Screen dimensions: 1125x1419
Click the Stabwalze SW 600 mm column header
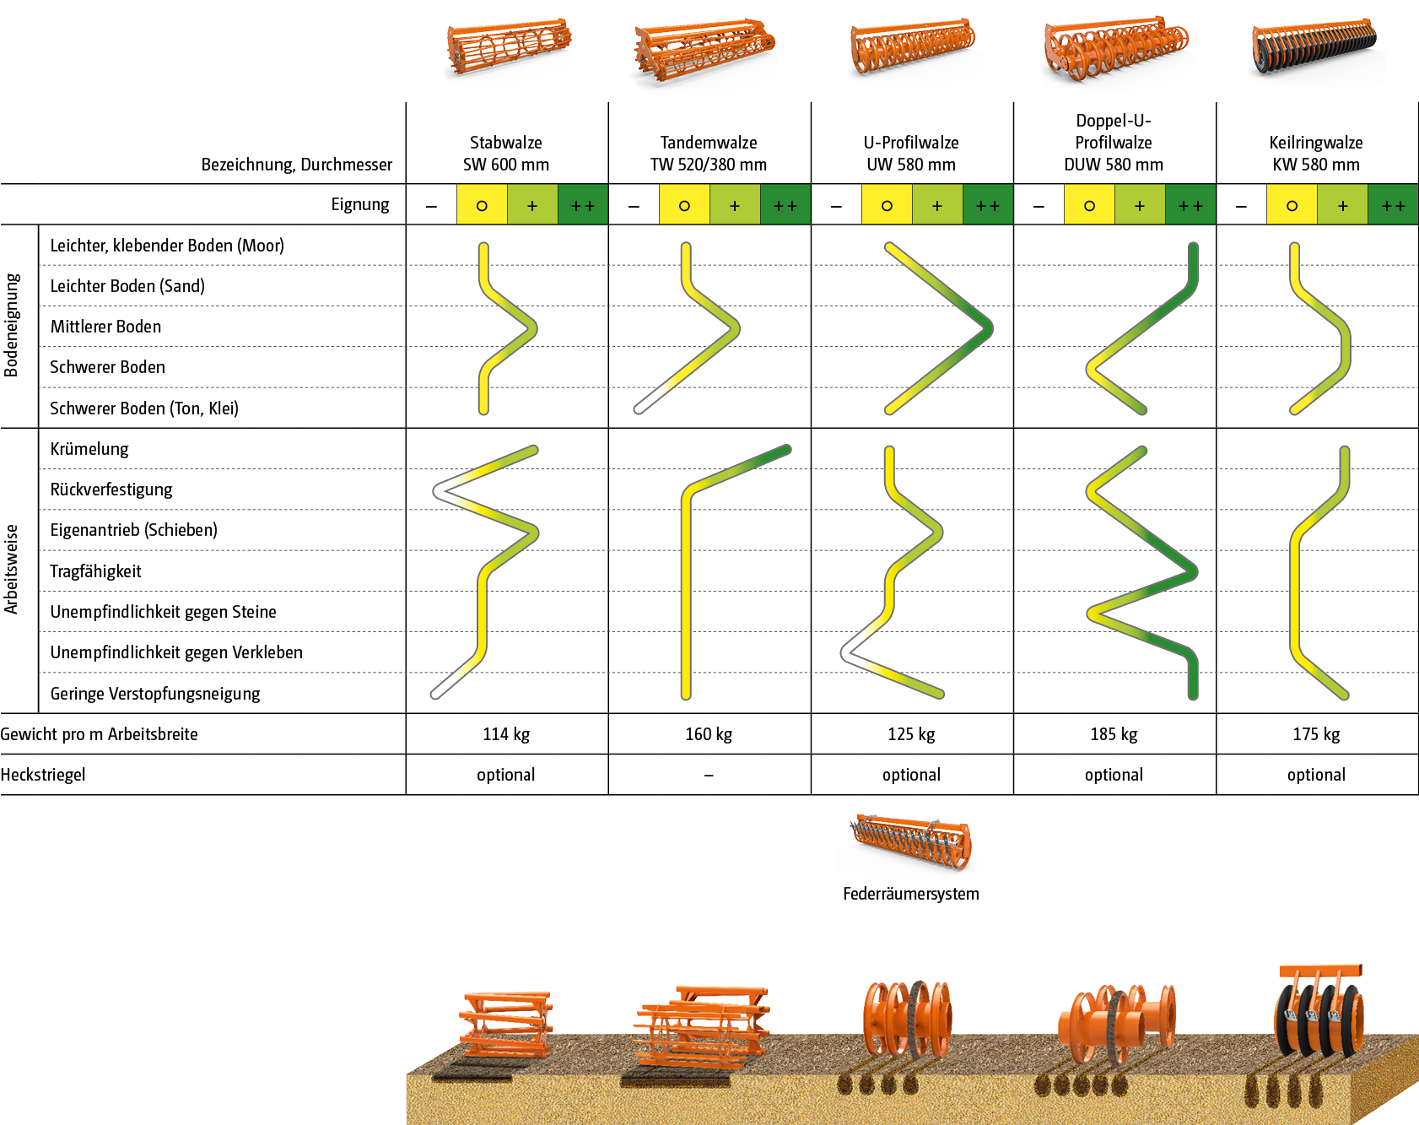(x=506, y=154)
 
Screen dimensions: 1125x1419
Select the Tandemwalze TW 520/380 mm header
(x=709, y=154)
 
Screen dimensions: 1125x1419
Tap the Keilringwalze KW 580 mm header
(x=1316, y=154)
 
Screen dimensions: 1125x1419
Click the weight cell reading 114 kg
(x=506, y=734)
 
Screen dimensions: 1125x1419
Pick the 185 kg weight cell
(x=1114, y=734)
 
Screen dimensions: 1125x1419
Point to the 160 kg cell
(x=709, y=734)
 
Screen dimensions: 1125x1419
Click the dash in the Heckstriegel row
(x=709, y=775)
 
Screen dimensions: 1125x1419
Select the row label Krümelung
(x=89, y=449)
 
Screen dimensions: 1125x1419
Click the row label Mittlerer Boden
(x=105, y=327)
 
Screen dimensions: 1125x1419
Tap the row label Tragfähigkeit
(x=95, y=571)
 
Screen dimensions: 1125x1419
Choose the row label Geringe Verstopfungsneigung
(x=155, y=694)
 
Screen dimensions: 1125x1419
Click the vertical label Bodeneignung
(x=12, y=325)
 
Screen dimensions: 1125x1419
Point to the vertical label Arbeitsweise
(x=12, y=570)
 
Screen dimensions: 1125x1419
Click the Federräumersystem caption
(x=910, y=894)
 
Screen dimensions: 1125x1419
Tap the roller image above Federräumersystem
(x=910, y=846)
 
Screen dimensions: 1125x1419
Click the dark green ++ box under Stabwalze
(x=583, y=205)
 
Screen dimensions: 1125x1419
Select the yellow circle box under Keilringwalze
(x=1292, y=205)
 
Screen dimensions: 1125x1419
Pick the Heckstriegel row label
(x=43, y=775)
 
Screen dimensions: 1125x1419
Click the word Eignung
(x=360, y=204)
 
